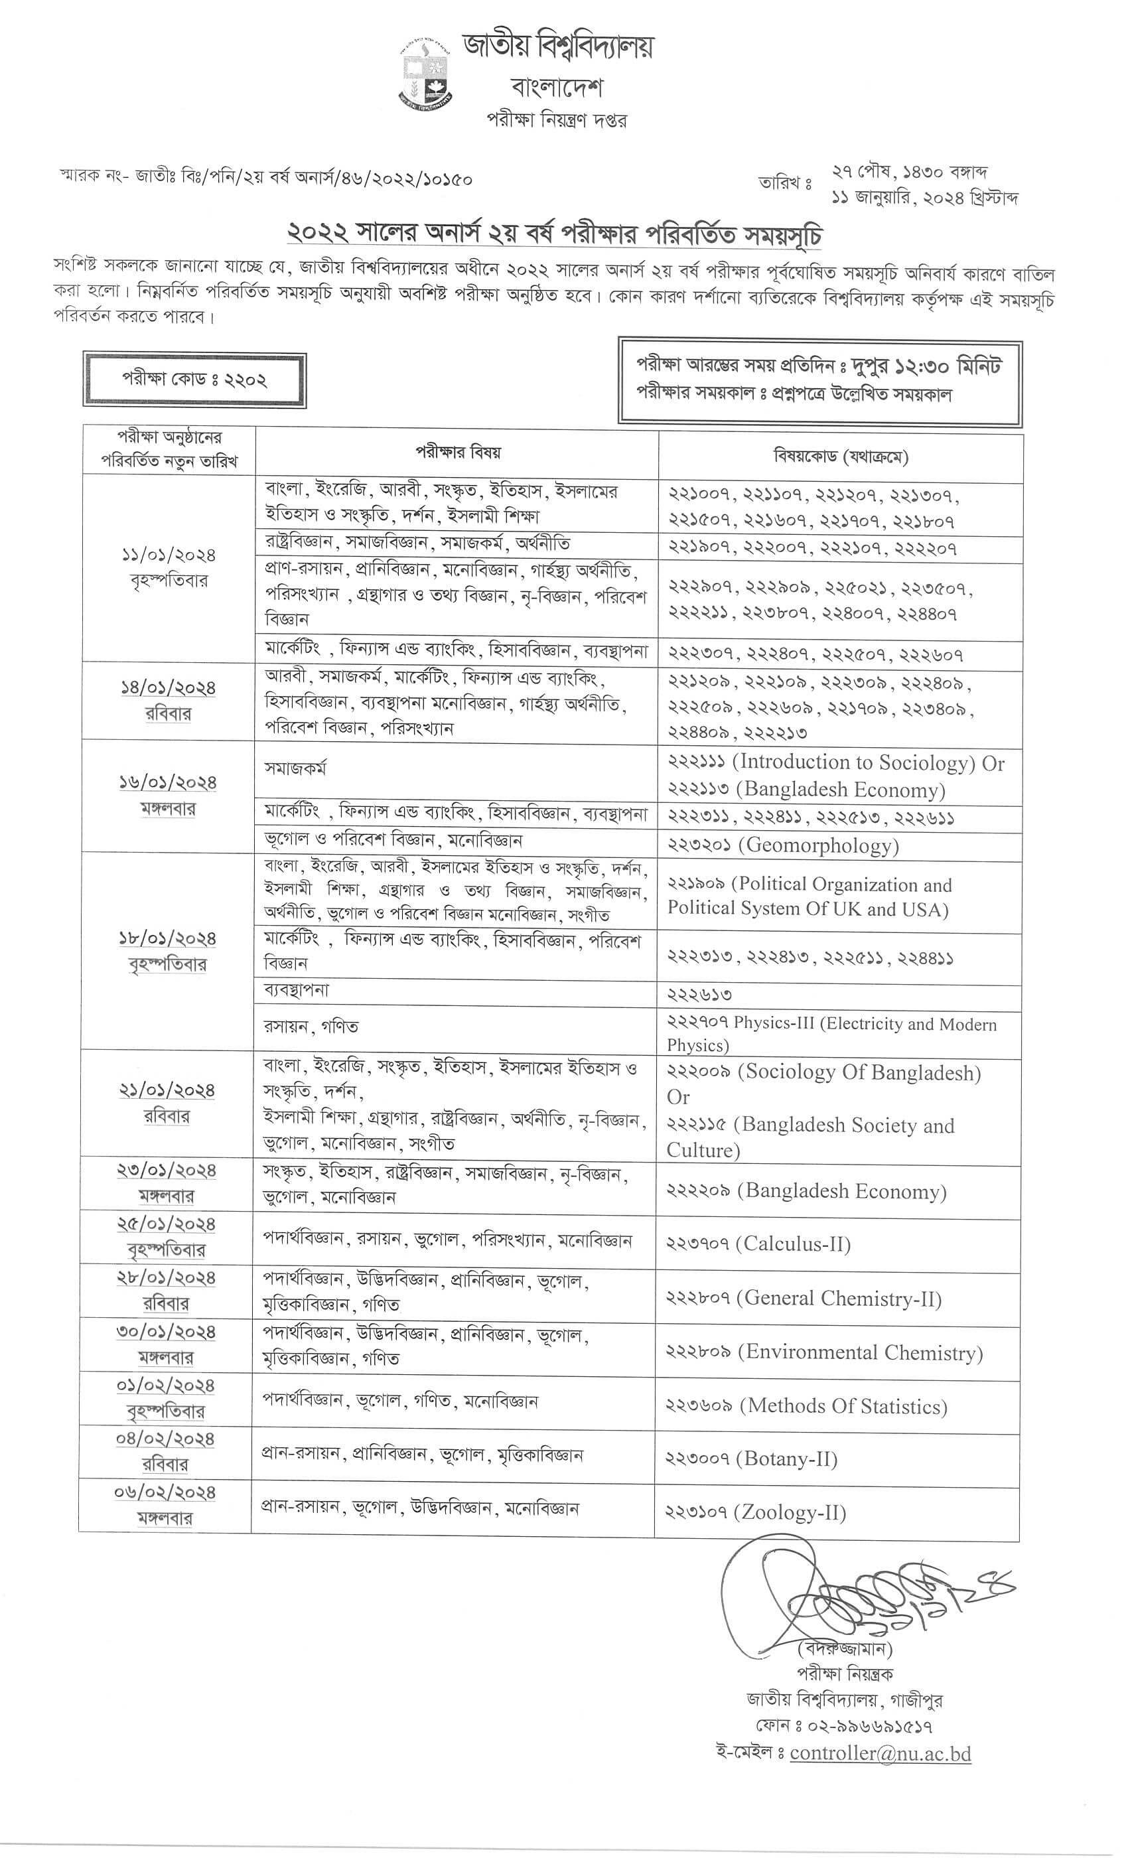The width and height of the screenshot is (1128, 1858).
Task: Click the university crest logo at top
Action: coord(425,72)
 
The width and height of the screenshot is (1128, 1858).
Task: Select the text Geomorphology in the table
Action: coord(822,845)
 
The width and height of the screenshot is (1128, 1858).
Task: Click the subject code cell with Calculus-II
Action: coord(758,1244)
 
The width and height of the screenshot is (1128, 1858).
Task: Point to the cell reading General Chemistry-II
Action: coord(804,1298)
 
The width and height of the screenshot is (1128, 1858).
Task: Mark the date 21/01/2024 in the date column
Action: coord(167,1090)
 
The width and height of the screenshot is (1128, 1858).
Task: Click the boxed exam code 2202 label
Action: coord(194,380)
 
